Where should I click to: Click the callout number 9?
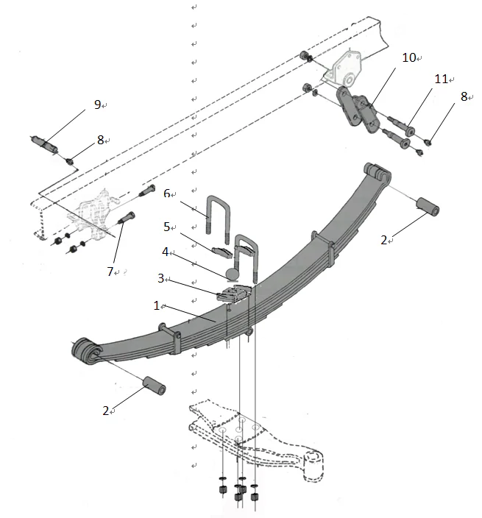(97, 104)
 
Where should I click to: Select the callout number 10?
(408, 57)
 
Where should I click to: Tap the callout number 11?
(441, 79)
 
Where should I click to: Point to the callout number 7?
(110, 272)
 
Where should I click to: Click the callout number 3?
(160, 279)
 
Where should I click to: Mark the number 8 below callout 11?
(464, 96)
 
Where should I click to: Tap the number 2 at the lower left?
(106, 410)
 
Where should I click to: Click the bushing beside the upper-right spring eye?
(428, 207)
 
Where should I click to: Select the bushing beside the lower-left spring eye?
(155, 385)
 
